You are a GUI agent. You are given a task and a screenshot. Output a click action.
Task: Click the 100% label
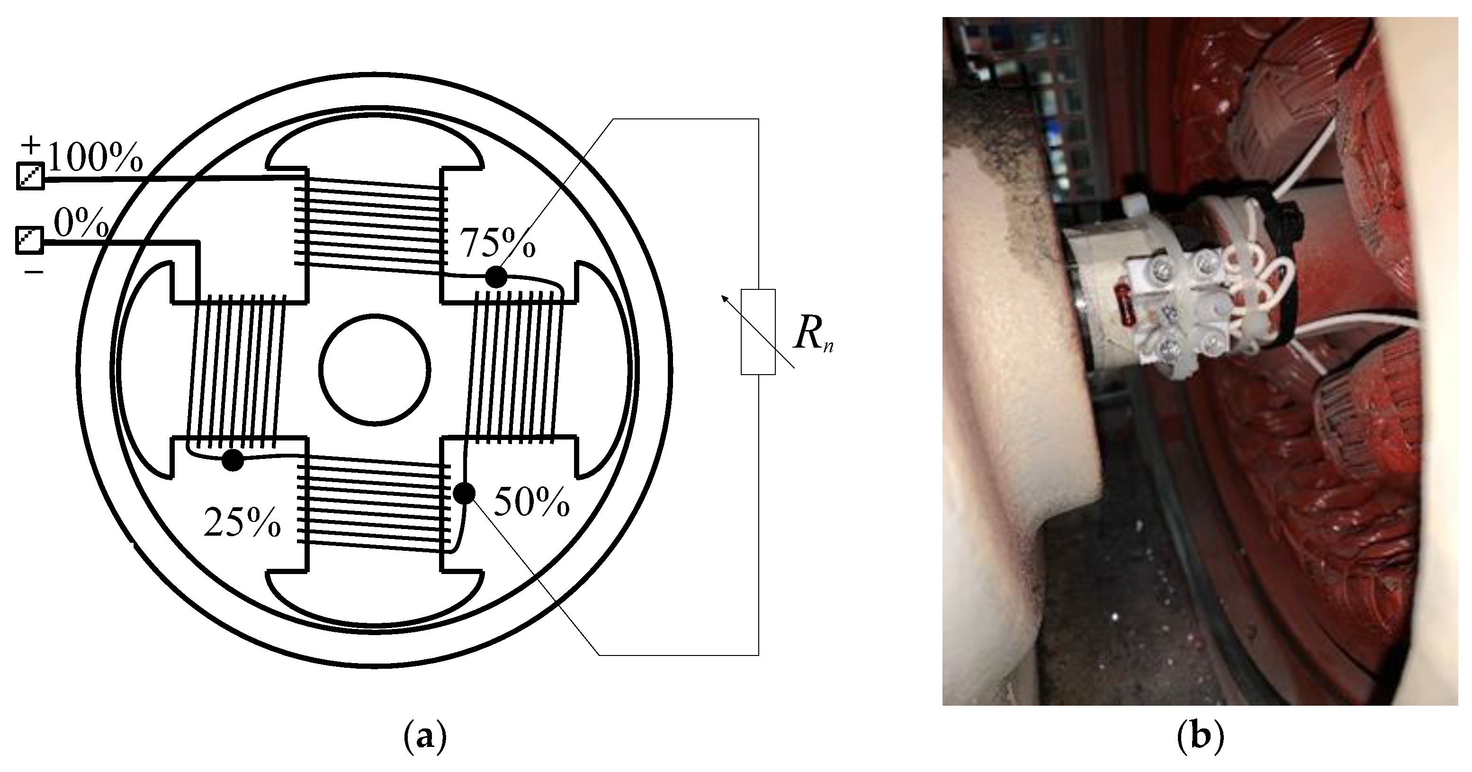tap(95, 157)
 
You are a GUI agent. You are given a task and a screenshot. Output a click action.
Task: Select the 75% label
tap(498, 243)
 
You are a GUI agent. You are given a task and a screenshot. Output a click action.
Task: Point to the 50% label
tap(531, 503)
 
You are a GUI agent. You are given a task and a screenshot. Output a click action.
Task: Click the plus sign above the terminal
tap(31, 145)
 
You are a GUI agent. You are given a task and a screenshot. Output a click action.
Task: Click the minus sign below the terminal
tap(34, 271)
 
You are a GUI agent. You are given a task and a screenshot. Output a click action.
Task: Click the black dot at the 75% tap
tap(495, 277)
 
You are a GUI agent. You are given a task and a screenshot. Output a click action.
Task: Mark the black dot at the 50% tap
tap(464, 493)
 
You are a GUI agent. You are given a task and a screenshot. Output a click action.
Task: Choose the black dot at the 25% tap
tap(233, 459)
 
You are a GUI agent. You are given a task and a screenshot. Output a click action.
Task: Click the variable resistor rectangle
tap(758, 332)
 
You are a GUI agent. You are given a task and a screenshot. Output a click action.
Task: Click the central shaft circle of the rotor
tap(374, 370)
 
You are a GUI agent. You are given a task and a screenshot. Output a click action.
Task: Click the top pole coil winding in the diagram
tap(374, 223)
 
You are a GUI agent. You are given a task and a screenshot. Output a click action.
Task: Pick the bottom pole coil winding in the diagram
tap(374, 503)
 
